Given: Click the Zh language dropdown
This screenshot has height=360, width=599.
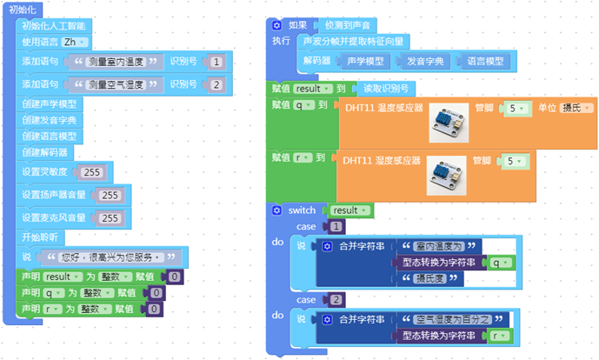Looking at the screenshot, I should [x=76, y=43].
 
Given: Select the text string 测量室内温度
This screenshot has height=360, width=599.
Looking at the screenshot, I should [x=119, y=62].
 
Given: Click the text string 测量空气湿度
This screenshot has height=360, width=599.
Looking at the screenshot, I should [x=119, y=84].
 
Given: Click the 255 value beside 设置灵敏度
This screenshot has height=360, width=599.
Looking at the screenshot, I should [x=90, y=171].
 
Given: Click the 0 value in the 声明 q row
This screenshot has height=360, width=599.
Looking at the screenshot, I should [x=156, y=292].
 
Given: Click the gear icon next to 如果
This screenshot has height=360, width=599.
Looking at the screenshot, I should [x=276, y=26].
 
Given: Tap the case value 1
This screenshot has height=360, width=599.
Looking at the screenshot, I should [x=336, y=226].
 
